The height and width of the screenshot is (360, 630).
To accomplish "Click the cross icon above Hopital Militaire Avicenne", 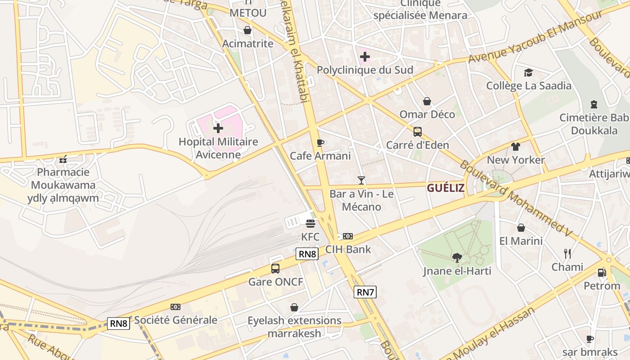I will [x=218, y=128].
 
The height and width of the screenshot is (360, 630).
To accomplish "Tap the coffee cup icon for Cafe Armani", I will [x=320, y=143].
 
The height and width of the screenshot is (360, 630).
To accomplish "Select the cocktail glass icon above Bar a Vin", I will [x=361, y=180].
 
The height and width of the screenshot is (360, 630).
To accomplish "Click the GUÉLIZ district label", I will [x=445, y=188].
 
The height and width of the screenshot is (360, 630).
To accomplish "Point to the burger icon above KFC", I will [x=310, y=223].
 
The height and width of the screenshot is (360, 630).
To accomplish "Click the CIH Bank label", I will [x=348, y=249].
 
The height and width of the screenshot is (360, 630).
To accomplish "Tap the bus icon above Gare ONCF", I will [x=275, y=269].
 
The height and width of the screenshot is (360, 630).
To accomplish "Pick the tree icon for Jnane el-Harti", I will [x=457, y=258].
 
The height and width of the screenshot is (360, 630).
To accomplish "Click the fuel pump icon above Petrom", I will [x=602, y=273].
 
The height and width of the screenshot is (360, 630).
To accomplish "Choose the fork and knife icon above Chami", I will [x=567, y=254].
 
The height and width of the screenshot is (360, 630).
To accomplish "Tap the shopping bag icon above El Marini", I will [x=521, y=228].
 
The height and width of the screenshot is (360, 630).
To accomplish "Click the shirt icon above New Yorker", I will [x=516, y=147].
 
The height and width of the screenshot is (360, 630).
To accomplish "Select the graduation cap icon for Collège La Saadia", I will [x=528, y=72].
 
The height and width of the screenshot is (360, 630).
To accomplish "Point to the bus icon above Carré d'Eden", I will [x=418, y=132].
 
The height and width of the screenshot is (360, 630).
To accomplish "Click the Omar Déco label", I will [x=427, y=114].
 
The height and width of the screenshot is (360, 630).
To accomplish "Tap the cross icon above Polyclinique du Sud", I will [x=365, y=57].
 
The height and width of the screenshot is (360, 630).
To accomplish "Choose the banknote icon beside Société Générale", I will [x=175, y=307].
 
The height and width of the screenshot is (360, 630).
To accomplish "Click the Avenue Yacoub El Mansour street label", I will [x=535, y=36].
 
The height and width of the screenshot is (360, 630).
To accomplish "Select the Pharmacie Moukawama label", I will [x=63, y=179].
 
